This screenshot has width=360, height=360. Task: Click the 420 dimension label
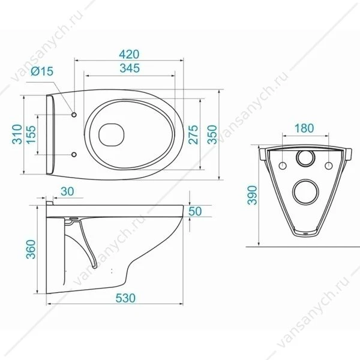(x=129, y=55)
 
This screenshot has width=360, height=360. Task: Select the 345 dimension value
(x=130, y=68)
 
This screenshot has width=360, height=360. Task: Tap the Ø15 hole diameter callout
(x=42, y=71)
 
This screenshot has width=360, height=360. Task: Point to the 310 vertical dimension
(x=17, y=134)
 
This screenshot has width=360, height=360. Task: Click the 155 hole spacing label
(x=31, y=135)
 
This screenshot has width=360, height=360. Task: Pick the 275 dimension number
(x=193, y=134)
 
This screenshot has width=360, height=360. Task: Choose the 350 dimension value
(x=212, y=134)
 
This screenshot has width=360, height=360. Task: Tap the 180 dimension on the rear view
(x=304, y=128)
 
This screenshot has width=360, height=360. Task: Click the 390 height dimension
(x=253, y=195)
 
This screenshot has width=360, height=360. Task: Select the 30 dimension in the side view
(x=67, y=191)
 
